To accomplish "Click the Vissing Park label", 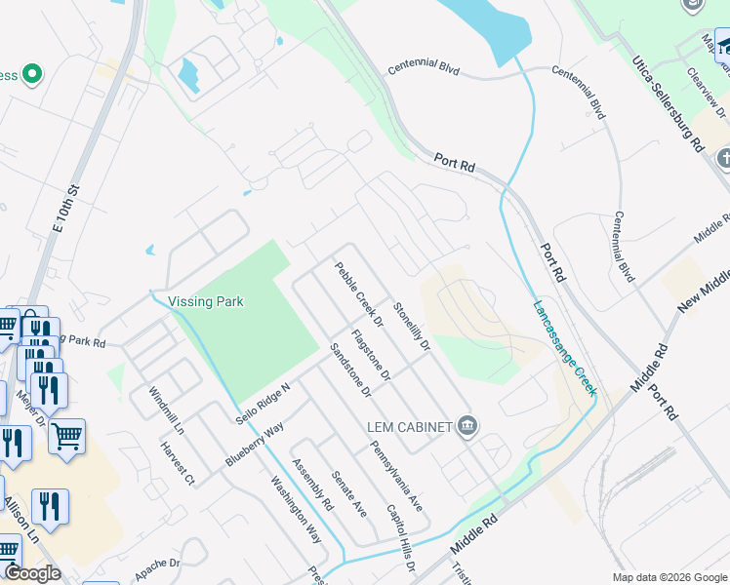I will point(205,301).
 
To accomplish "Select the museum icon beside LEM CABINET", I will point(466,425).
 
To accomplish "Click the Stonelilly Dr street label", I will point(412,326).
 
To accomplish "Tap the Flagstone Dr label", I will point(371,355).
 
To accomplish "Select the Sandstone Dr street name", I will point(350,371).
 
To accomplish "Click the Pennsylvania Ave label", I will point(396,477).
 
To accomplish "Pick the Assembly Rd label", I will point(312,485).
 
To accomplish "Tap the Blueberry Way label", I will point(253,444).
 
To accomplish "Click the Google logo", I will point(32,573).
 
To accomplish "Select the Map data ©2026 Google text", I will point(669,577).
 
